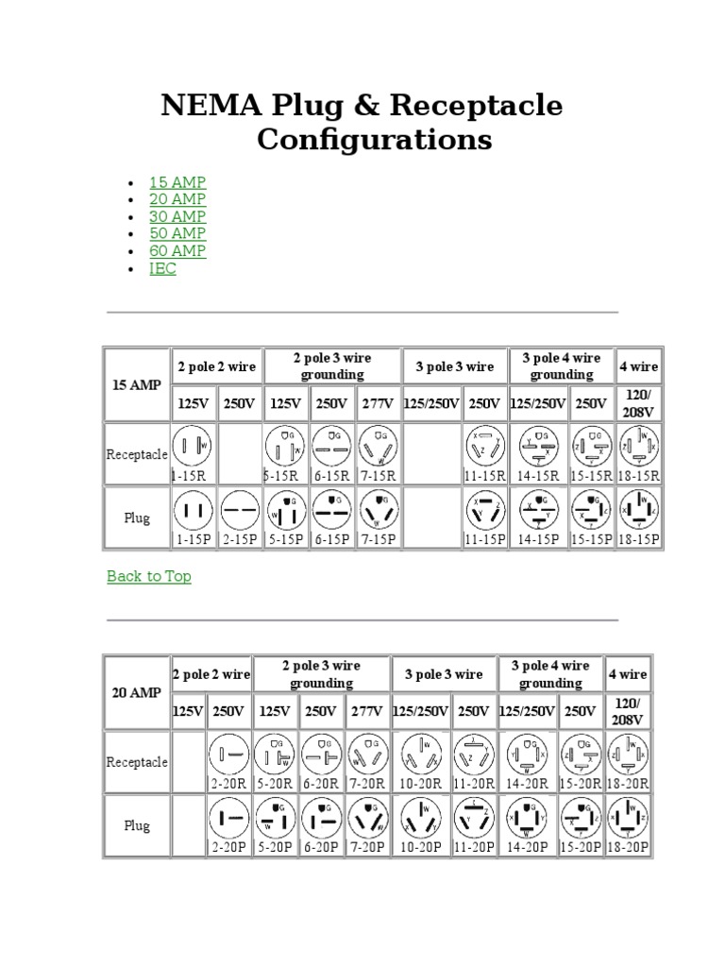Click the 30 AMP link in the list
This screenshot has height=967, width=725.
click(177, 216)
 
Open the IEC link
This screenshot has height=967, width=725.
click(162, 268)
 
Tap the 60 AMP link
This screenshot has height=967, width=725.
click(177, 251)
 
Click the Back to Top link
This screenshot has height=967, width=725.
click(149, 576)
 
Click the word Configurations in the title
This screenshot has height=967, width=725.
click(375, 140)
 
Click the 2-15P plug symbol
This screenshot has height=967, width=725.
click(240, 511)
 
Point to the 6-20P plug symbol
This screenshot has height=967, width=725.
click(321, 818)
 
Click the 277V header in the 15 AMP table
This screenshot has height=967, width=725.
click(379, 404)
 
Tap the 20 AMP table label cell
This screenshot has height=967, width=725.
click(137, 692)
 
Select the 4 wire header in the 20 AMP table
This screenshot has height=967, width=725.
click(628, 674)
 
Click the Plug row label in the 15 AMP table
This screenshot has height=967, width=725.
click(137, 518)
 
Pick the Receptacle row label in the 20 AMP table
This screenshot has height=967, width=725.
click(137, 762)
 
